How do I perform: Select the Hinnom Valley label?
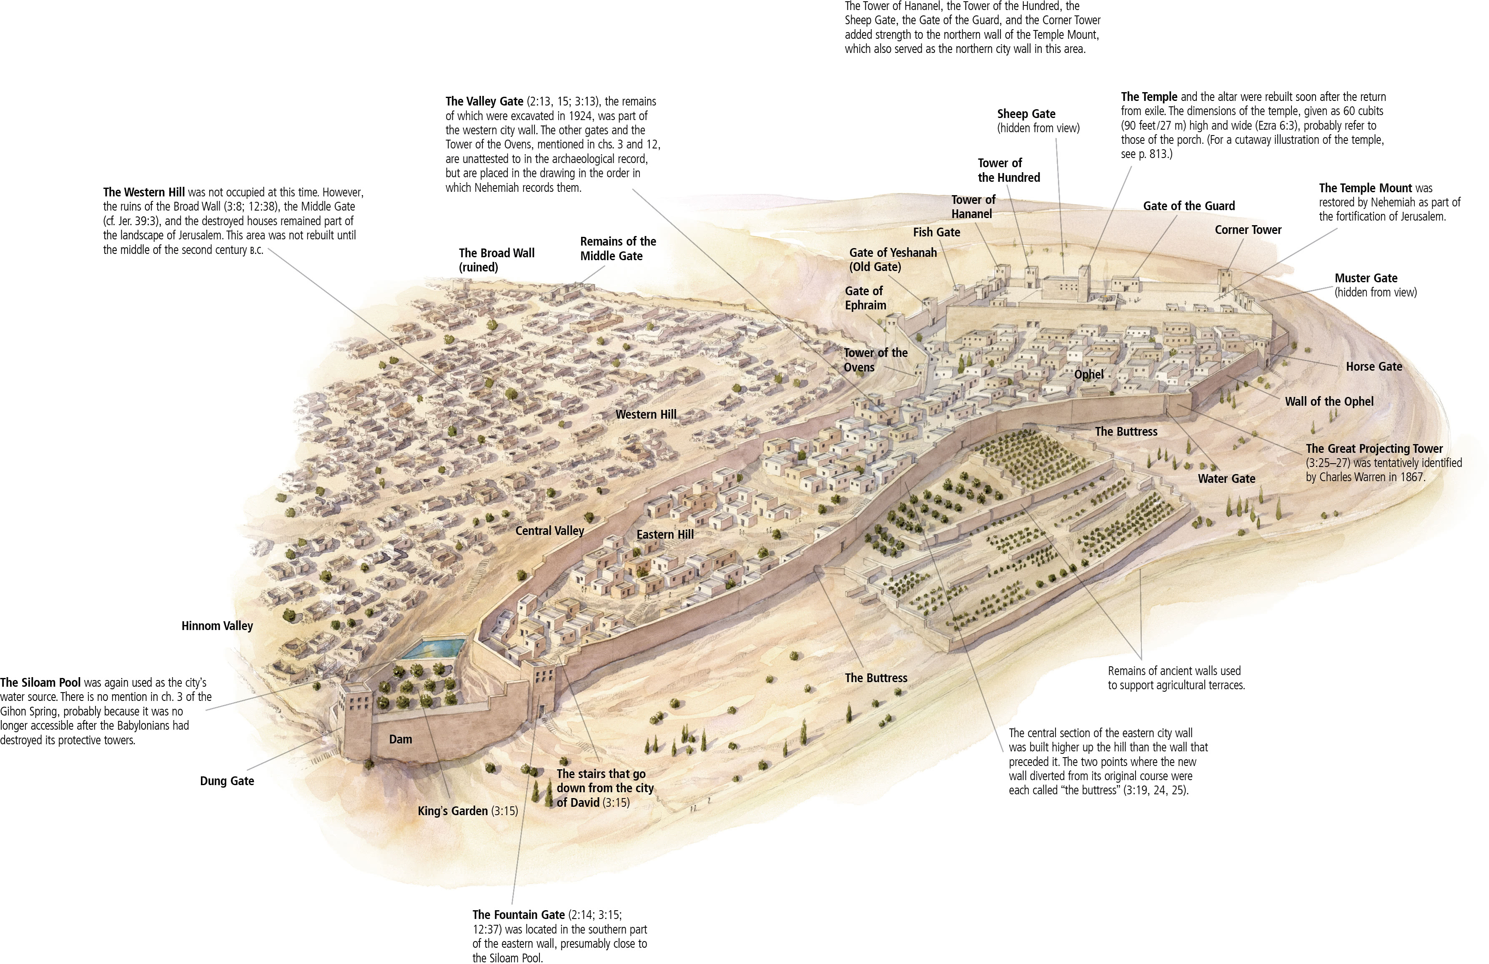point(217,625)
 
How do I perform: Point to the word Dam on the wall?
point(401,739)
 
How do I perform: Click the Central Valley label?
point(549,531)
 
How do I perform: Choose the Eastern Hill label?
point(665,534)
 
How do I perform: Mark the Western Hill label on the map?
point(646,414)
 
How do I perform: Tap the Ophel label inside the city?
point(1088,374)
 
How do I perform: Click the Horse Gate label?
point(1374,366)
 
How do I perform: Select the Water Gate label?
point(1226,479)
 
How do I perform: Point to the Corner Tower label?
point(1248,230)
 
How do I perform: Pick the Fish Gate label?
point(936,232)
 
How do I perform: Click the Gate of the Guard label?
point(1189,206)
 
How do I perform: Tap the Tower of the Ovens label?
point(875,360)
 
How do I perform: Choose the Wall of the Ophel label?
point(1329,401)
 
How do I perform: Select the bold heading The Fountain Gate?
point(519,914)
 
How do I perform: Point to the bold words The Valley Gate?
point(484,101)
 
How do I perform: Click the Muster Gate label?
point(1366,278)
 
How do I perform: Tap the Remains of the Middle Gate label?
point(617,249)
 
